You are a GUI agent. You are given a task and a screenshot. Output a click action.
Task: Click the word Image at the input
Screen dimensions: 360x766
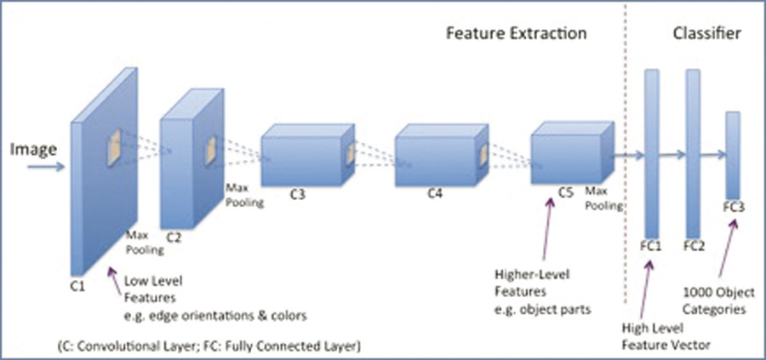(x=32, y=151)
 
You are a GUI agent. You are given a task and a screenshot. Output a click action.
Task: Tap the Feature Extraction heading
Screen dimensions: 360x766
(x=517, y=35)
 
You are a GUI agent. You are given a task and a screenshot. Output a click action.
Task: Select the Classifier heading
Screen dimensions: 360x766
(x=706, y=35)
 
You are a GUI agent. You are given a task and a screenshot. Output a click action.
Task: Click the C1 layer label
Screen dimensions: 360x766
(x=77, y=286)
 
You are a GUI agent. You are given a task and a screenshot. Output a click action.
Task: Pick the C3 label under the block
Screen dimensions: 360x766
(x=296, y=195)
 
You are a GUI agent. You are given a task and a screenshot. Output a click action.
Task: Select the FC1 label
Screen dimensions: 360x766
(x=653, y=246)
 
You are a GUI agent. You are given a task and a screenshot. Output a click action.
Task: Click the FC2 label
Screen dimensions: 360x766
(x=694, y=246)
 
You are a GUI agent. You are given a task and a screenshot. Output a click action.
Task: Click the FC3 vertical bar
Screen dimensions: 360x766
(x=733, y=153)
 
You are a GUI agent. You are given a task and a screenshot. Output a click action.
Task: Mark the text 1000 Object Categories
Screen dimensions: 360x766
(x=716, y=299)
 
